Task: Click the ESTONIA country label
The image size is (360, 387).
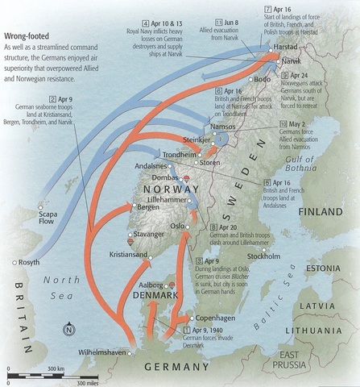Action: (330, 267)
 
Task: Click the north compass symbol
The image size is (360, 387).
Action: (70, 327)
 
